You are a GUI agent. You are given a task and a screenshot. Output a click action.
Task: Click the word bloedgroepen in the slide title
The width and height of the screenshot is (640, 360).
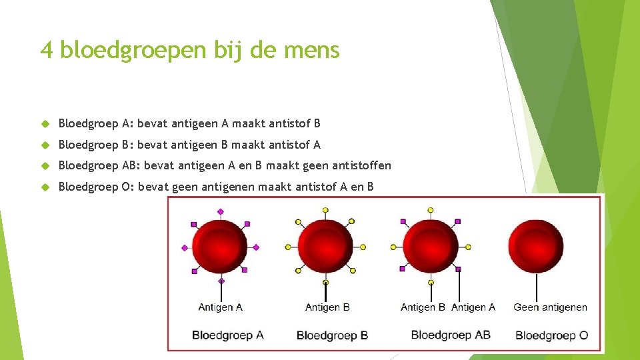click(134, 51)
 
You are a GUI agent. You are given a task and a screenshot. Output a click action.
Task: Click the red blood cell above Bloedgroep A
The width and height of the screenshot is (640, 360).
click(220, 247)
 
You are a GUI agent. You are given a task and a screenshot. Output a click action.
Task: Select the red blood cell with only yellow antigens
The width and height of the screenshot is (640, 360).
click(325, 247)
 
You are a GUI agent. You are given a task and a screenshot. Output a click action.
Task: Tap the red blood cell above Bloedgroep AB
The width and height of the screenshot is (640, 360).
click(431, 247)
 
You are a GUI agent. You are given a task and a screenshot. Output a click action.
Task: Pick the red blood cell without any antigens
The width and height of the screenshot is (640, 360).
click(536, 247)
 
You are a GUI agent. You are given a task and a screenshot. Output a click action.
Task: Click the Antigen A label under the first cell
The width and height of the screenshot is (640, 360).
click(220, 307)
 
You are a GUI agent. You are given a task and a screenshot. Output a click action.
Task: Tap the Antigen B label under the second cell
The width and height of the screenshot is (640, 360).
click(327, 307)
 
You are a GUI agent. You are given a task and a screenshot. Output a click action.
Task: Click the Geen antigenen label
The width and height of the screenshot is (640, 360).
click(550, 307)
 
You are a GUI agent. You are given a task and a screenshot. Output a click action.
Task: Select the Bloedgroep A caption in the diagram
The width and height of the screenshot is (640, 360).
click(228, 335)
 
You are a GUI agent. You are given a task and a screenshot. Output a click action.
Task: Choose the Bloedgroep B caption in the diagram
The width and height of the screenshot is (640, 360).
click(332, 335)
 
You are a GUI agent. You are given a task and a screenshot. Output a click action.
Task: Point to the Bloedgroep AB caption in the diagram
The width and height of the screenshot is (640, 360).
click(451, 334)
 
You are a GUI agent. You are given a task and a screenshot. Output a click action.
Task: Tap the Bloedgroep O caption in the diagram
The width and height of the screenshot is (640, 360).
click(551, 335)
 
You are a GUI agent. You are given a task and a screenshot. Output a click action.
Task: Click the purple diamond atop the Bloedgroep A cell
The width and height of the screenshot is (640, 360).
click(221, 211)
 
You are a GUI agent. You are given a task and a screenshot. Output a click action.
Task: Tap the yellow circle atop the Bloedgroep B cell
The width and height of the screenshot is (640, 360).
click(325, 210)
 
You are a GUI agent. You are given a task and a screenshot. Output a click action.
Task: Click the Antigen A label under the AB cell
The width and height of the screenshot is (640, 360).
click(473, 307)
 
